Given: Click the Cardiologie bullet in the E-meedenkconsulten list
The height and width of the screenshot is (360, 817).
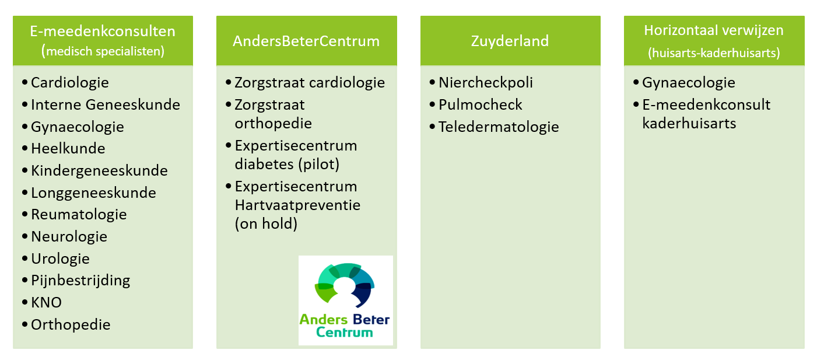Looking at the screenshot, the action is tap(69, 82).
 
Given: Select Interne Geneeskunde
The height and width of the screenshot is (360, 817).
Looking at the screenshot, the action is tap(106, 105).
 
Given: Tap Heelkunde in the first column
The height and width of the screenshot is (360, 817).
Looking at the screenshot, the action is tap(68, 149).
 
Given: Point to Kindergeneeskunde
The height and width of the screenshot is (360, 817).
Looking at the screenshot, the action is tap(99, 171).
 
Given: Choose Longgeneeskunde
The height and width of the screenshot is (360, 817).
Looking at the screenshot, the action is tap(93, 193).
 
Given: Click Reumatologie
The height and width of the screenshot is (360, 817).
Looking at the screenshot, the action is tap(79, 215).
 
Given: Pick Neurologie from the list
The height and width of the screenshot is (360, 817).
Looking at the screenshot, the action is tap(69, 236).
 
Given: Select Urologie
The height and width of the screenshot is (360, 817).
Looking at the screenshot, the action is tap(60, 259).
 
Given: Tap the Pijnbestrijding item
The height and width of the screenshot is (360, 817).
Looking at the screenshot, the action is tap(80, 281).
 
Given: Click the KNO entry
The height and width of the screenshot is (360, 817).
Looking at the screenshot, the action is tap(46, 303).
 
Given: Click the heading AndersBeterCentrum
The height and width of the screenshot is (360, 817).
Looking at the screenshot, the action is tap(306, 41).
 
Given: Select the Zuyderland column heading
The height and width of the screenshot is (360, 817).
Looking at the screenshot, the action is tap(510, 41).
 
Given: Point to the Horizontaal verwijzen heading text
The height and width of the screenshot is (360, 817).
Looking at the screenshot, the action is tap(714, 30).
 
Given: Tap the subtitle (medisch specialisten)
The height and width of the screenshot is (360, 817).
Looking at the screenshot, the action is tap(103, 51).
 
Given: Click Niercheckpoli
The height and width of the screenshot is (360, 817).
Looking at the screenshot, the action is tap(485, 83).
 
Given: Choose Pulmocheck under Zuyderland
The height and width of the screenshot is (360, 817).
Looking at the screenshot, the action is tap(481, 105).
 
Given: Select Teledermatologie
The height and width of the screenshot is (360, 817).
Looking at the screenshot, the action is tap(499, 127).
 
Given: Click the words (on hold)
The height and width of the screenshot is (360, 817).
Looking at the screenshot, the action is tap(267, 224).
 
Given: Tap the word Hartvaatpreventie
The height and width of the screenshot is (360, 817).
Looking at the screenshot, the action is tap(297, 205).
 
